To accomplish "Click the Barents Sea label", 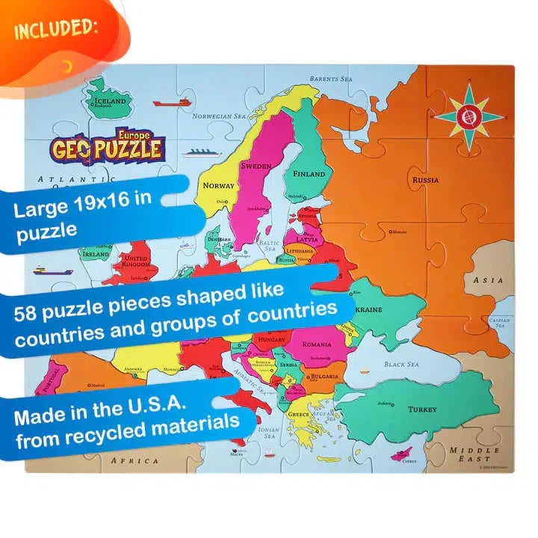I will point(330,78).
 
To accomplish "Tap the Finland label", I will point(309,174).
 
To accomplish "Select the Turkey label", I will point(422,409).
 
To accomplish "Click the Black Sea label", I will point(403,365).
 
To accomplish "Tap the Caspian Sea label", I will point(499,323).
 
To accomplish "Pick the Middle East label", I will point(474,456).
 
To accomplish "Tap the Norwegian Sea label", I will point(219,117).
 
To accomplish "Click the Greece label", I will point(299,414).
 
